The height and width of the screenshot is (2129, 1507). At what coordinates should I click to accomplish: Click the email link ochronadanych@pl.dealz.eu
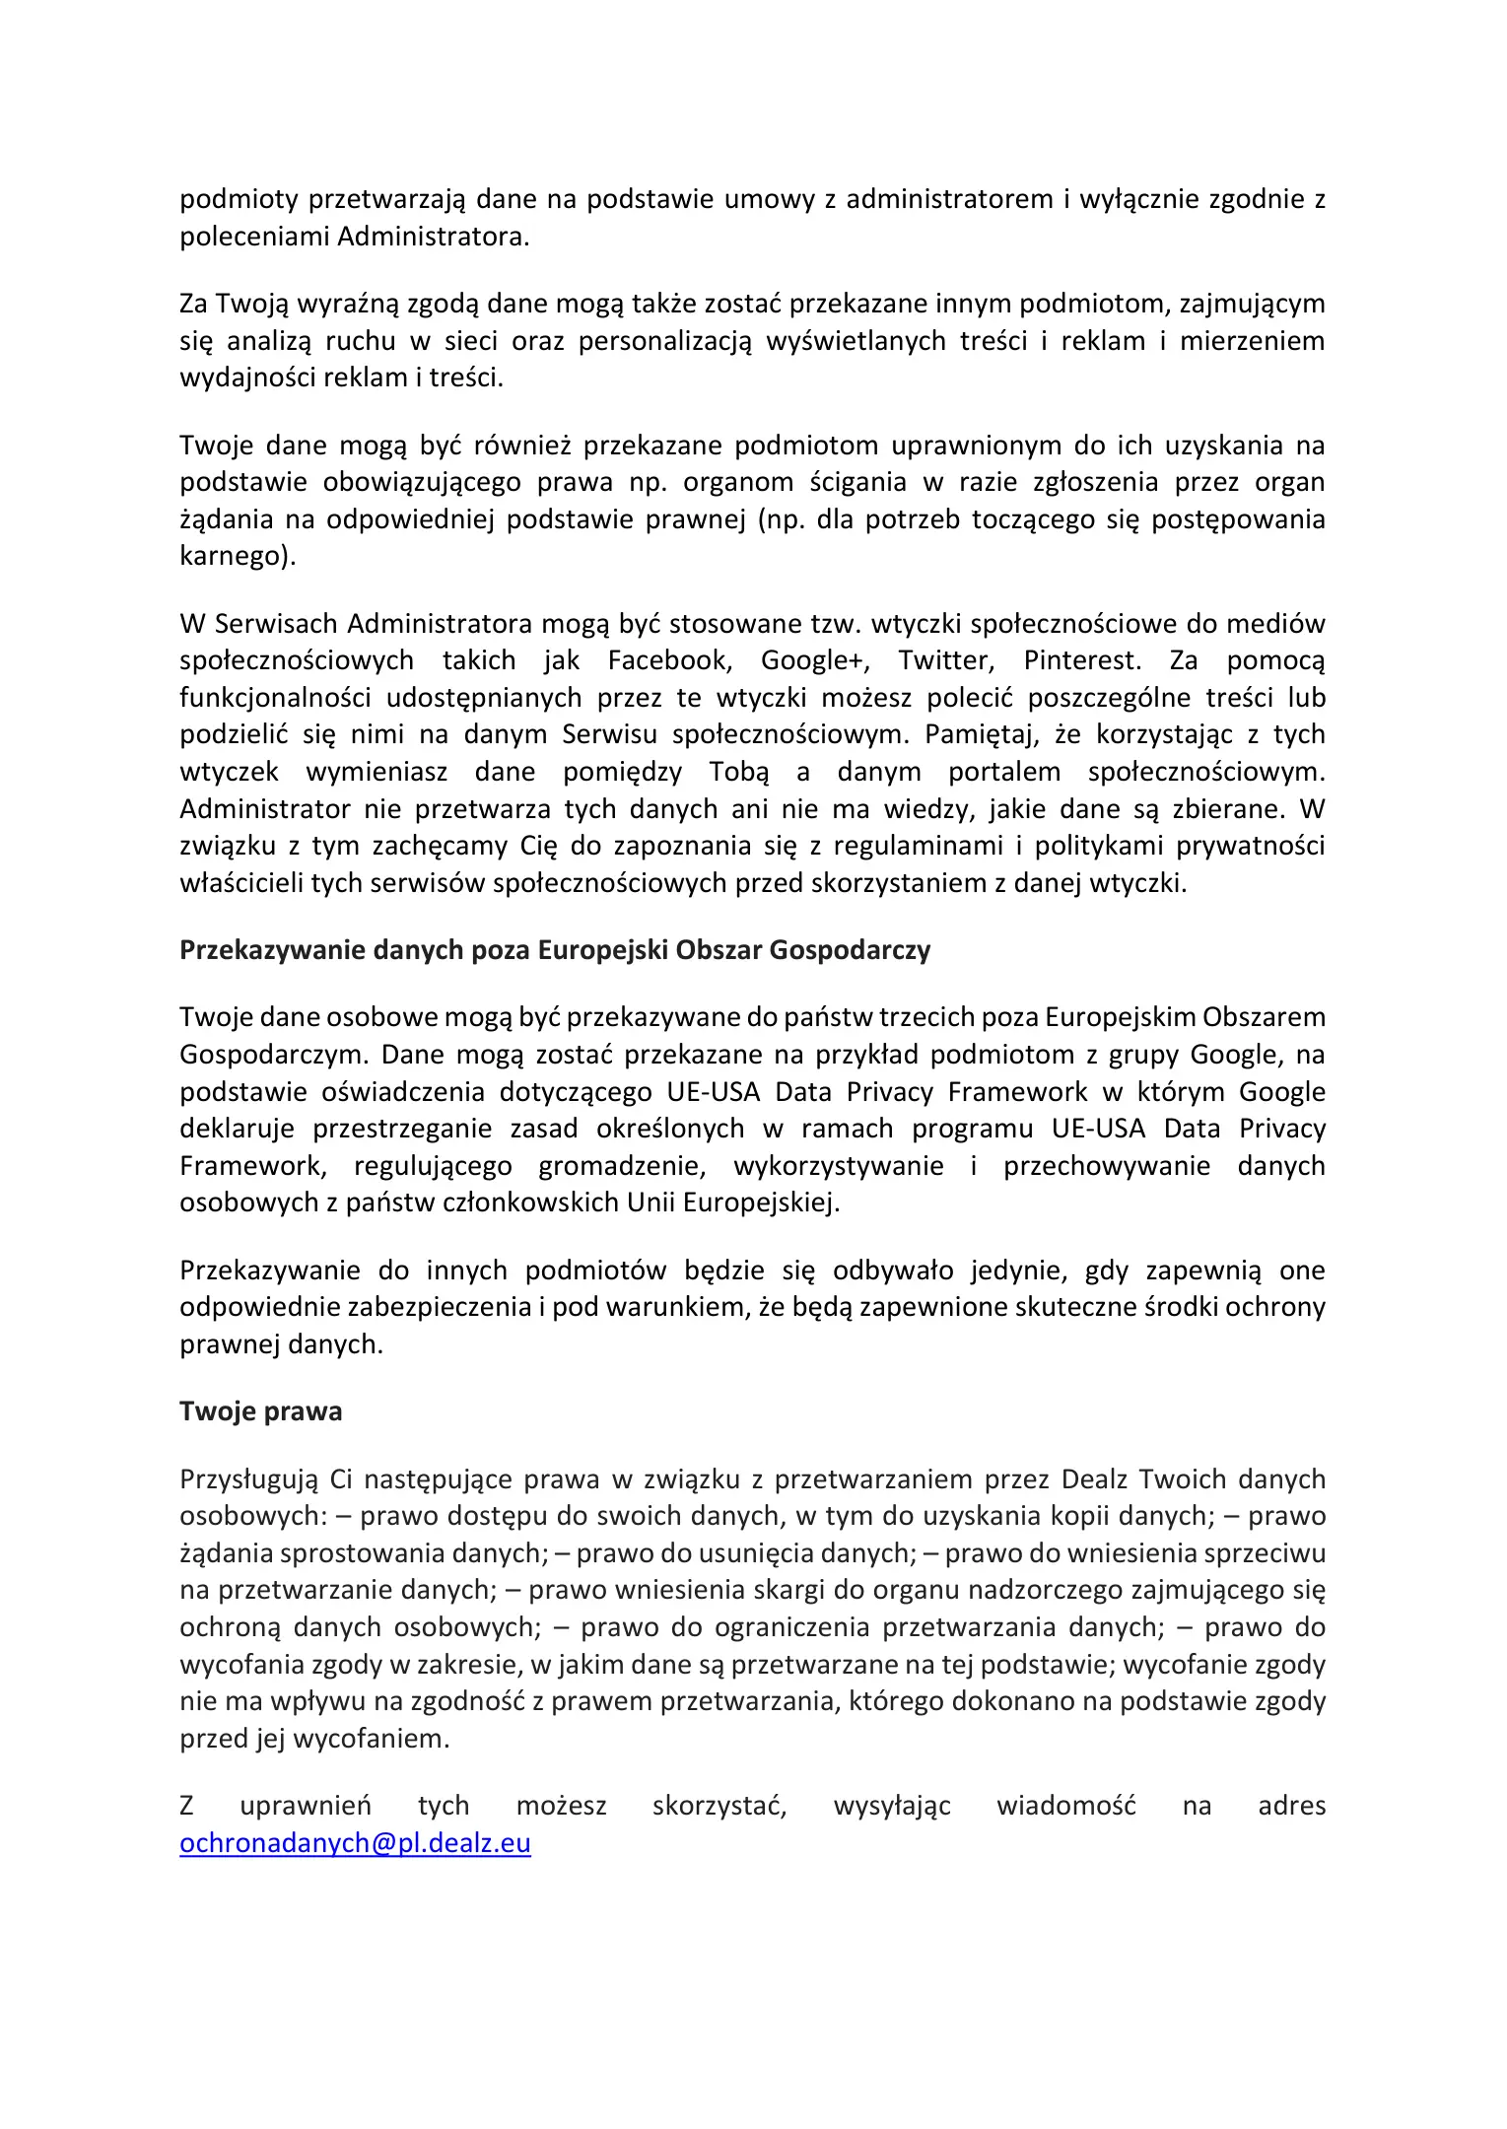pos(355,1843)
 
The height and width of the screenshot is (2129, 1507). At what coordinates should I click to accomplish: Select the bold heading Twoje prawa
pos(260,1411)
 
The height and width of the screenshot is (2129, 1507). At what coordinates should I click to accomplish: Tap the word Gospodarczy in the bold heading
pos(850,950)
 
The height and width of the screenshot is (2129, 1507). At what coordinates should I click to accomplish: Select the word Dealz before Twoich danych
pos(1096,1479)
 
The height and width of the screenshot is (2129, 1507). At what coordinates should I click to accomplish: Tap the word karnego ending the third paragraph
pos(237,556)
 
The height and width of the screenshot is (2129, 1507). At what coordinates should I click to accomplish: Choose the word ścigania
pos(857,482)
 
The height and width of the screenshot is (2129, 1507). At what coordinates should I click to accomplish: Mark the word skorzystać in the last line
pos(719,1806)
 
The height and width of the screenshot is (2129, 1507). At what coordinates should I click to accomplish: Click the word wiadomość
pos(1065,1806)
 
